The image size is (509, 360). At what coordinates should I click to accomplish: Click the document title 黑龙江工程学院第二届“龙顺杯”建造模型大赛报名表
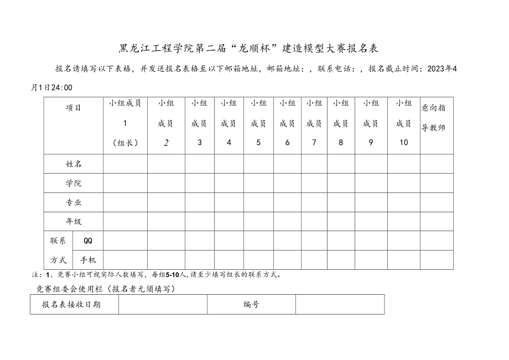[248, 48]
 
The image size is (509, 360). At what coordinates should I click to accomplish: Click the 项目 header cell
[74, 108]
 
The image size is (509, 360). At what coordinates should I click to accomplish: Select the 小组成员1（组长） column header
[125, 123]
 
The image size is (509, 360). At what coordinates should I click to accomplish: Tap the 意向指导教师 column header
[436, 118]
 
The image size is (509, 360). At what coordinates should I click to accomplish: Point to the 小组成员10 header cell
[403, 123]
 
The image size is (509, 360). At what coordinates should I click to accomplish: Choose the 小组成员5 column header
[258, 123]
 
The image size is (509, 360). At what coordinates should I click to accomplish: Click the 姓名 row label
[74, 164]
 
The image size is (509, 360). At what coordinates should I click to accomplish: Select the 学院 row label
[74, 183]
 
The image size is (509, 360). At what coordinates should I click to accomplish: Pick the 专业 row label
[74, 202]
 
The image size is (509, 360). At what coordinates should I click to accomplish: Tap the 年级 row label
[74, 221]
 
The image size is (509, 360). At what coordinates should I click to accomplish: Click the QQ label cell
[88, 241]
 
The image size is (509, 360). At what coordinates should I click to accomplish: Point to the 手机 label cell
[88, 259]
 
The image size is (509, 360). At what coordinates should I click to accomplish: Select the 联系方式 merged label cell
[58, 250]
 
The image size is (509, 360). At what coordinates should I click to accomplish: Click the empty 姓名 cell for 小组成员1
[125, 164]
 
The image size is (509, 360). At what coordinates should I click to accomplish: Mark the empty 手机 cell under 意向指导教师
[436, 259]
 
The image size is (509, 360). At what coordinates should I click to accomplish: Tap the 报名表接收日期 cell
[75, 304]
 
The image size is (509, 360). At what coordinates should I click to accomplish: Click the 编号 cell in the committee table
[251, 304]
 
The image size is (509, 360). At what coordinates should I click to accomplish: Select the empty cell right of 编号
[340, 304]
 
